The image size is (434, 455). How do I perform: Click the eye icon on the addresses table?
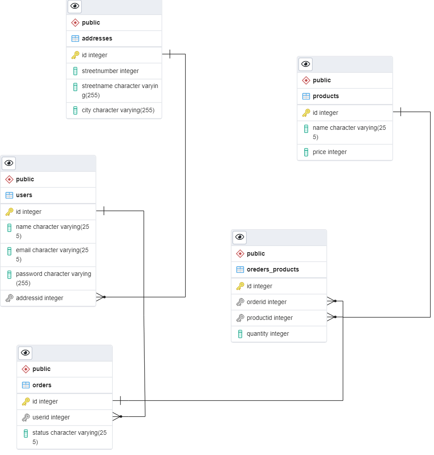coord(75,6)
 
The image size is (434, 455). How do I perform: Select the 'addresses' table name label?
coord(97,38)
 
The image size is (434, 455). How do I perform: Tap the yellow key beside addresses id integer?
coord(75,55)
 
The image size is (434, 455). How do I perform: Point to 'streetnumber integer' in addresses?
coord(110,71)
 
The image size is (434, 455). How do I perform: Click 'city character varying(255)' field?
coord(118,110)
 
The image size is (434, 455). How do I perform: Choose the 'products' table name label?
coord(325,96)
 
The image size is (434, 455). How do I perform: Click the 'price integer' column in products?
coord(329,152)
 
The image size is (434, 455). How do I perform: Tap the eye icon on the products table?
coord(306,64)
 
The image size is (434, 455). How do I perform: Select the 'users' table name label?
coord(24,195)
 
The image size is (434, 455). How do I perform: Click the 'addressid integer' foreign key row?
coord(40,298)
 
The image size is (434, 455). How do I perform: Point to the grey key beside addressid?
coord(9,298)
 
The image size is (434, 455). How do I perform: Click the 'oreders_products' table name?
coord(273,269)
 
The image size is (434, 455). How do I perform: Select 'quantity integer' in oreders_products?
coord(267,334)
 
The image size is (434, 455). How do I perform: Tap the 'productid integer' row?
coord(269,318)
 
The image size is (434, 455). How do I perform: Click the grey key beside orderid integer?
coord(240,302)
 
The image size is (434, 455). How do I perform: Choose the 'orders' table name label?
coord(42,385)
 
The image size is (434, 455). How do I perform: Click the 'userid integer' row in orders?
coord(51,417)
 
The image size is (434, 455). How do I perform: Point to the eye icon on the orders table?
coord(26,352)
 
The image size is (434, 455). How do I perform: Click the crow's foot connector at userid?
coord(117,416)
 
